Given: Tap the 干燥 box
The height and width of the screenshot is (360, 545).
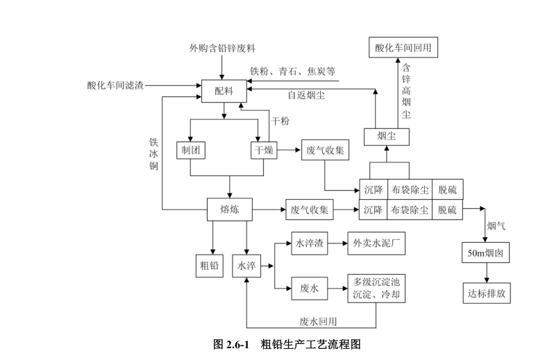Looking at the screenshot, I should [x=264, y=150].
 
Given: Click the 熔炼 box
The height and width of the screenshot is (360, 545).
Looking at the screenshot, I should [x=229, y=208].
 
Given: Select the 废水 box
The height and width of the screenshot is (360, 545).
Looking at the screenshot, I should [x=309, y=289].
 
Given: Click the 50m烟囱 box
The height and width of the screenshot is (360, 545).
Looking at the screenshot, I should [x=487, y=254].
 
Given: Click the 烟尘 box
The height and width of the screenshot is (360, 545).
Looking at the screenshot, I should [x=387, y=135].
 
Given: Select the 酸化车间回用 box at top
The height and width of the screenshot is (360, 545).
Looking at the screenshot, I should [x=403, y=49].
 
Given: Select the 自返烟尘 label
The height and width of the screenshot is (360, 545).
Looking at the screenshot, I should [x=306, y=95].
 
